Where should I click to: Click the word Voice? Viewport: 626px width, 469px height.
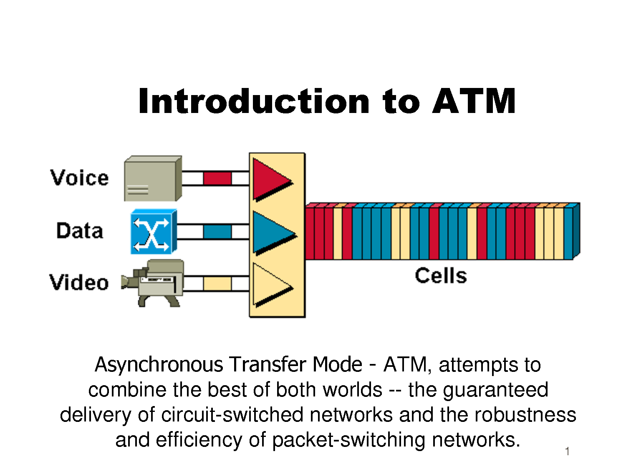[80, 178]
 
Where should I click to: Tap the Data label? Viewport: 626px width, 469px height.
[80, 231]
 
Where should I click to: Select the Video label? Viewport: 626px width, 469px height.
[79, 282]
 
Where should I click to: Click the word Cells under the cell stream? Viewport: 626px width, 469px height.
[441, 276]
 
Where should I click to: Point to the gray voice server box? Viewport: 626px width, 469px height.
[153, 178]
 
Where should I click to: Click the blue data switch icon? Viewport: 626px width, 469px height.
[154, 231]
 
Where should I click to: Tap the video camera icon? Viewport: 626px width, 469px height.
[153, 283]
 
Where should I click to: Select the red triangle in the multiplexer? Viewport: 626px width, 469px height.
[273, 180]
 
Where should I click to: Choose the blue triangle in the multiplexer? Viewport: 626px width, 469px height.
[274, 232]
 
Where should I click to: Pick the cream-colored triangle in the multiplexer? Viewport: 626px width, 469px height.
[273, 285]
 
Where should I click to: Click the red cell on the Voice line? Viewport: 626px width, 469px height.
[217, 178]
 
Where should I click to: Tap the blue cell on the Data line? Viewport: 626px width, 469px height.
[217, 231]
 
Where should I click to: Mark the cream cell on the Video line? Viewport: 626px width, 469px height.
[217, 283]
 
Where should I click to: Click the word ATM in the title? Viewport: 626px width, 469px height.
[474, 101]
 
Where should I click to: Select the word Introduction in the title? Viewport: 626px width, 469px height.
[254, 100]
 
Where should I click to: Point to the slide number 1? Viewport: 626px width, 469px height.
[568, 451]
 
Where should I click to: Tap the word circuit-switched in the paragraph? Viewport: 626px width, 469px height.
[232, 414]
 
